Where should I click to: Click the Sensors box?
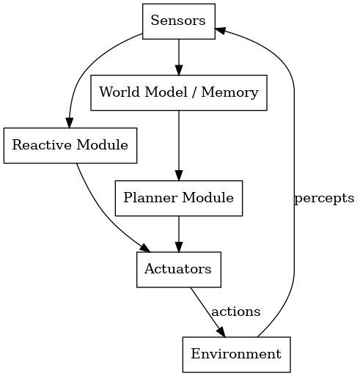[x=179, y=21]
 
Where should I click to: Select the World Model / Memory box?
[x=179, y=92]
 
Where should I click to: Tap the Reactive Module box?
[x=70, y=145]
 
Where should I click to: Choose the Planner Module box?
[x=179, y=198]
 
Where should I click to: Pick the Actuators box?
[x=179, y=270]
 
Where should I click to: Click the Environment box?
[x=236, y=355]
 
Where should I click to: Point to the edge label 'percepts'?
[x=324, y=198]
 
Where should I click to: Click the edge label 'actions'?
[x=236, y=312]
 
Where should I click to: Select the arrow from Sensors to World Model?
[x=179, y=57]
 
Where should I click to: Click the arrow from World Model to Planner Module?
[x=179, y=146]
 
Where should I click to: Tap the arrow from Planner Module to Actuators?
[x=179, y=234]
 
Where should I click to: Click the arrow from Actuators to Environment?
[x=207, y=312]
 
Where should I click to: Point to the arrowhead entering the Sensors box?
[x=219, y=30]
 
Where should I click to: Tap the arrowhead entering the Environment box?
[x=221, y=332]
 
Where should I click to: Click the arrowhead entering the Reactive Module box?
[x=69, y=123]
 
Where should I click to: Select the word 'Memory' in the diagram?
[x=229, y=92]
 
